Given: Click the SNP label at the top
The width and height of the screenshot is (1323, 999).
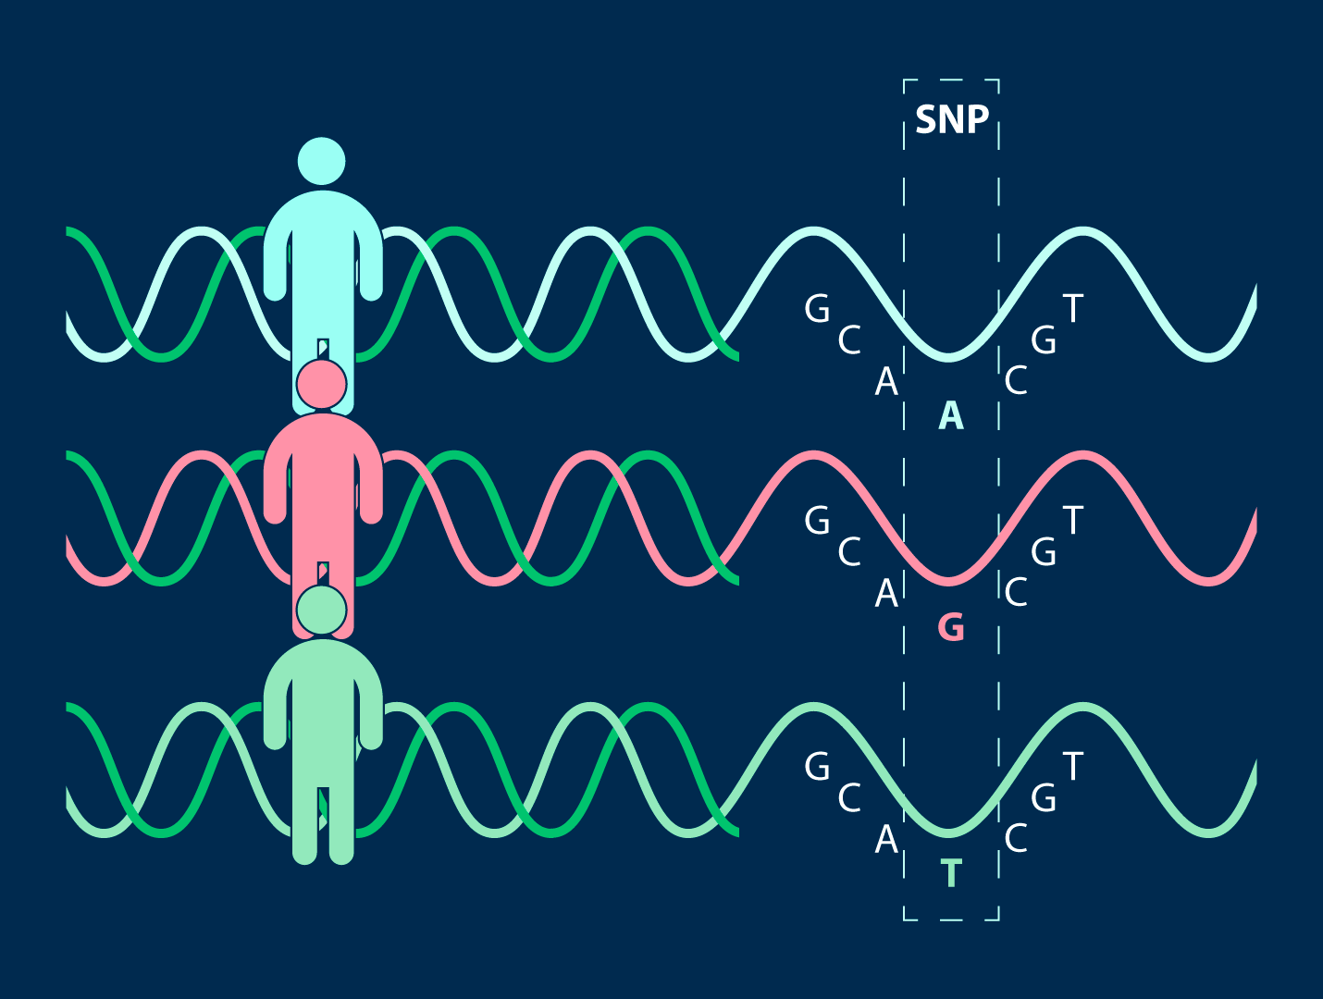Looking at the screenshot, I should click(952, 120).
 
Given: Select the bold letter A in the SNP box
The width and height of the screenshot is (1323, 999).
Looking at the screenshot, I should click(951, 417).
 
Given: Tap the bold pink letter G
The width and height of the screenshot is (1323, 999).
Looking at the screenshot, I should click(951, 628).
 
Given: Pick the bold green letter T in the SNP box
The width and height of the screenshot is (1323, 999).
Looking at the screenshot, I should click(951, 874).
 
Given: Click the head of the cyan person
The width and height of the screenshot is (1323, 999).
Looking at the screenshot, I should click(321, 161).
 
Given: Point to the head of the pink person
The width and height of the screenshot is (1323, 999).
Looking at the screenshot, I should click(321, 383).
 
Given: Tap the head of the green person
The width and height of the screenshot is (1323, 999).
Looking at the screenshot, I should click(321, 610).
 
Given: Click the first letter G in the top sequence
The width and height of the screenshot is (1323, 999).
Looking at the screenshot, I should click(817, 309).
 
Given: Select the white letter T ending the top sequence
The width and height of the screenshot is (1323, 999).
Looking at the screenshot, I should click(1072, 309).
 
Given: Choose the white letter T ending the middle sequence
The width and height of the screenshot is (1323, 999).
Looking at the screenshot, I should click(1072, 521).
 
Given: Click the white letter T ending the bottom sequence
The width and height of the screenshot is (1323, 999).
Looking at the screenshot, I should click(1072, 767).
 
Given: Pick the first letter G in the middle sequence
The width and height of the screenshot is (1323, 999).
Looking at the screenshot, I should click(817, 521).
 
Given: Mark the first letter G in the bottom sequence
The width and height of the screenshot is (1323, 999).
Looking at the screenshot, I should click(817, 767).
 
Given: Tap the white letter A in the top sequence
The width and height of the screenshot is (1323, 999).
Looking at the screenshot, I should click(886, 382).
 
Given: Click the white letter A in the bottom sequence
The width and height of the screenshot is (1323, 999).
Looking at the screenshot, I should click(886, 840).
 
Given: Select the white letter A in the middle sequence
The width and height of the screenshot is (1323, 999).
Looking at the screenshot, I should click(886, 593).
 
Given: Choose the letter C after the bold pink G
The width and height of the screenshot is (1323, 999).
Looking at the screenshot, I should click(1016, 593).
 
